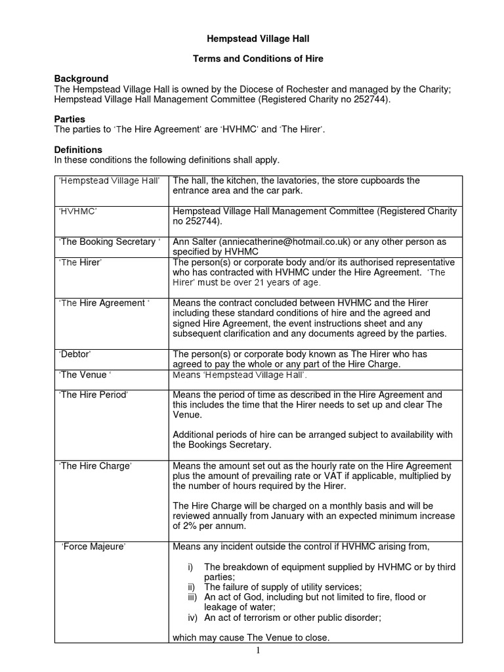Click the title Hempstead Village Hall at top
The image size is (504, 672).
pyautogui.click(x=257, y=39)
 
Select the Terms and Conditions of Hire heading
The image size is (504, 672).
pyautogui.click(x=257, y=59)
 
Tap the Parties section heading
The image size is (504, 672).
pyautogui.click(x=70, y=119)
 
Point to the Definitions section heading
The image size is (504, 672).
pyautogui.click(x=77, y=150)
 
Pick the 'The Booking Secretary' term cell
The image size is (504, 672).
pyautogui.click(x=109, y=242)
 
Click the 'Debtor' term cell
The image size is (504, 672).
pyautogui.click(x=75, y=354)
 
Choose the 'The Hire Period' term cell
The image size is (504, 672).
pyautogui.click(x=94, y=395)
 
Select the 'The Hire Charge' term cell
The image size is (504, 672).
pyautogui.click(x=96, y=466)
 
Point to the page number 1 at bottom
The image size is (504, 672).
pyautogui.click(x=259, y=650)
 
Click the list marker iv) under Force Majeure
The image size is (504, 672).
pyautogui.click(x=193, y=618)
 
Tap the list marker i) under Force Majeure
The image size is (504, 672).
pyautogui.click(x=191, y=567)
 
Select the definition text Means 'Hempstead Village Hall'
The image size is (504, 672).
pyautogui.click(x=239, y=375)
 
